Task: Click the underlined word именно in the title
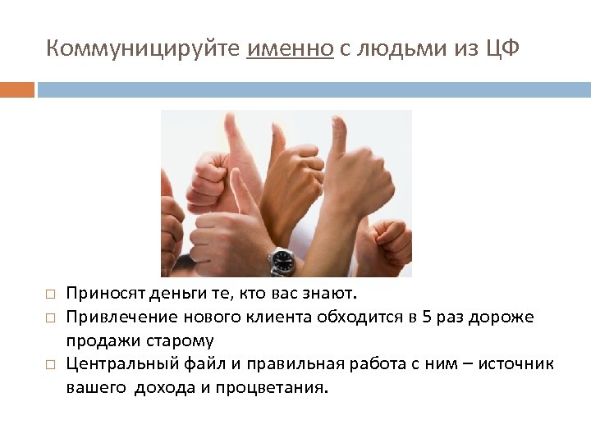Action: tap(290, 48)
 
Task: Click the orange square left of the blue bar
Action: tap(17, 89)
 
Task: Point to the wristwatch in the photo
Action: tap(282, 261)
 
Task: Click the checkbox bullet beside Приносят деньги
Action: tap(49, 294)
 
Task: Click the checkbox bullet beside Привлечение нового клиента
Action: tap(49, 317)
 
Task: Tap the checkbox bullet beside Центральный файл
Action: tap(49, 363)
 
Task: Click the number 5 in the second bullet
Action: tap(424, 317)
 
